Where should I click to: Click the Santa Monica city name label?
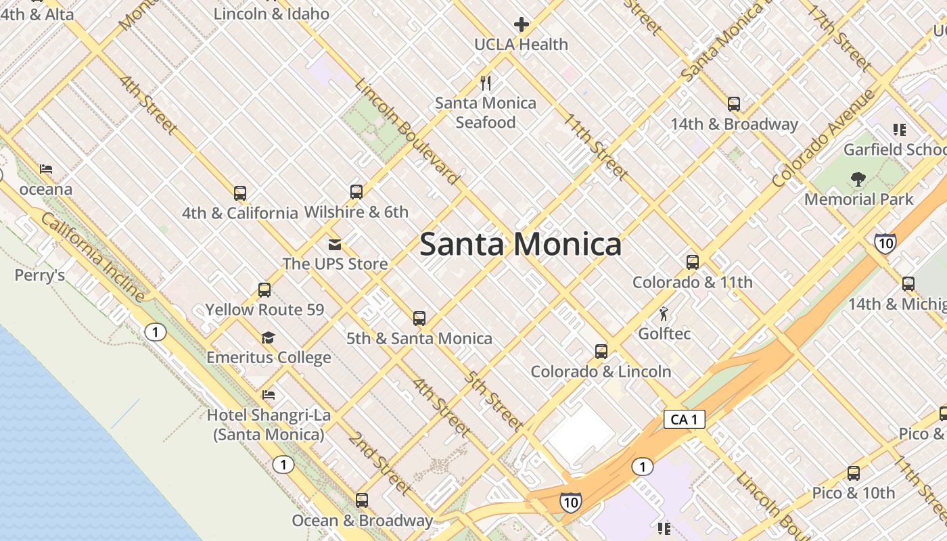(x=520, y=244)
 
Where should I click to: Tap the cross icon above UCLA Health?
(x=521, y=25)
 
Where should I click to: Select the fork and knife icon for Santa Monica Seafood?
(x=485, y=83)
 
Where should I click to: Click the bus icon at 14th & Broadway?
(x=734, y=104)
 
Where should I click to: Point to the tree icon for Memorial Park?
(x=858, y=179)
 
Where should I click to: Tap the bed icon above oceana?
(x=46, y=169)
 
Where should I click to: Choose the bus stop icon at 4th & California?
(x=240, y=193)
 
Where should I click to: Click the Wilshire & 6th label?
(x=356, y=212)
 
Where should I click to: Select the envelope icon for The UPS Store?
(x=334, y=244)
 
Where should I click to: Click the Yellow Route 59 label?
(x=264, y=310)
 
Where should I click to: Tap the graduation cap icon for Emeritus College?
(x=269, y=337)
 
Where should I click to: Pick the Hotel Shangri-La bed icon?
(x=269, y=395)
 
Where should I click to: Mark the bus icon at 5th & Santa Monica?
(x=419, y=319)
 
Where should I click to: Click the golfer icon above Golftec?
(x=664, y=314)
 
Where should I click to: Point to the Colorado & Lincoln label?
(x=601, y=371)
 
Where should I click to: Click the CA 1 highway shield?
(x=684, y=419)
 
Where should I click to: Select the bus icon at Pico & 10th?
(x=854, y=473)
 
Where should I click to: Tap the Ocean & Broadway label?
(x=362, y=521)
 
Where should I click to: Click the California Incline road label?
(x=93, y=257)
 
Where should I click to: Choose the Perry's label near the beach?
(x=40, y=275)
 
